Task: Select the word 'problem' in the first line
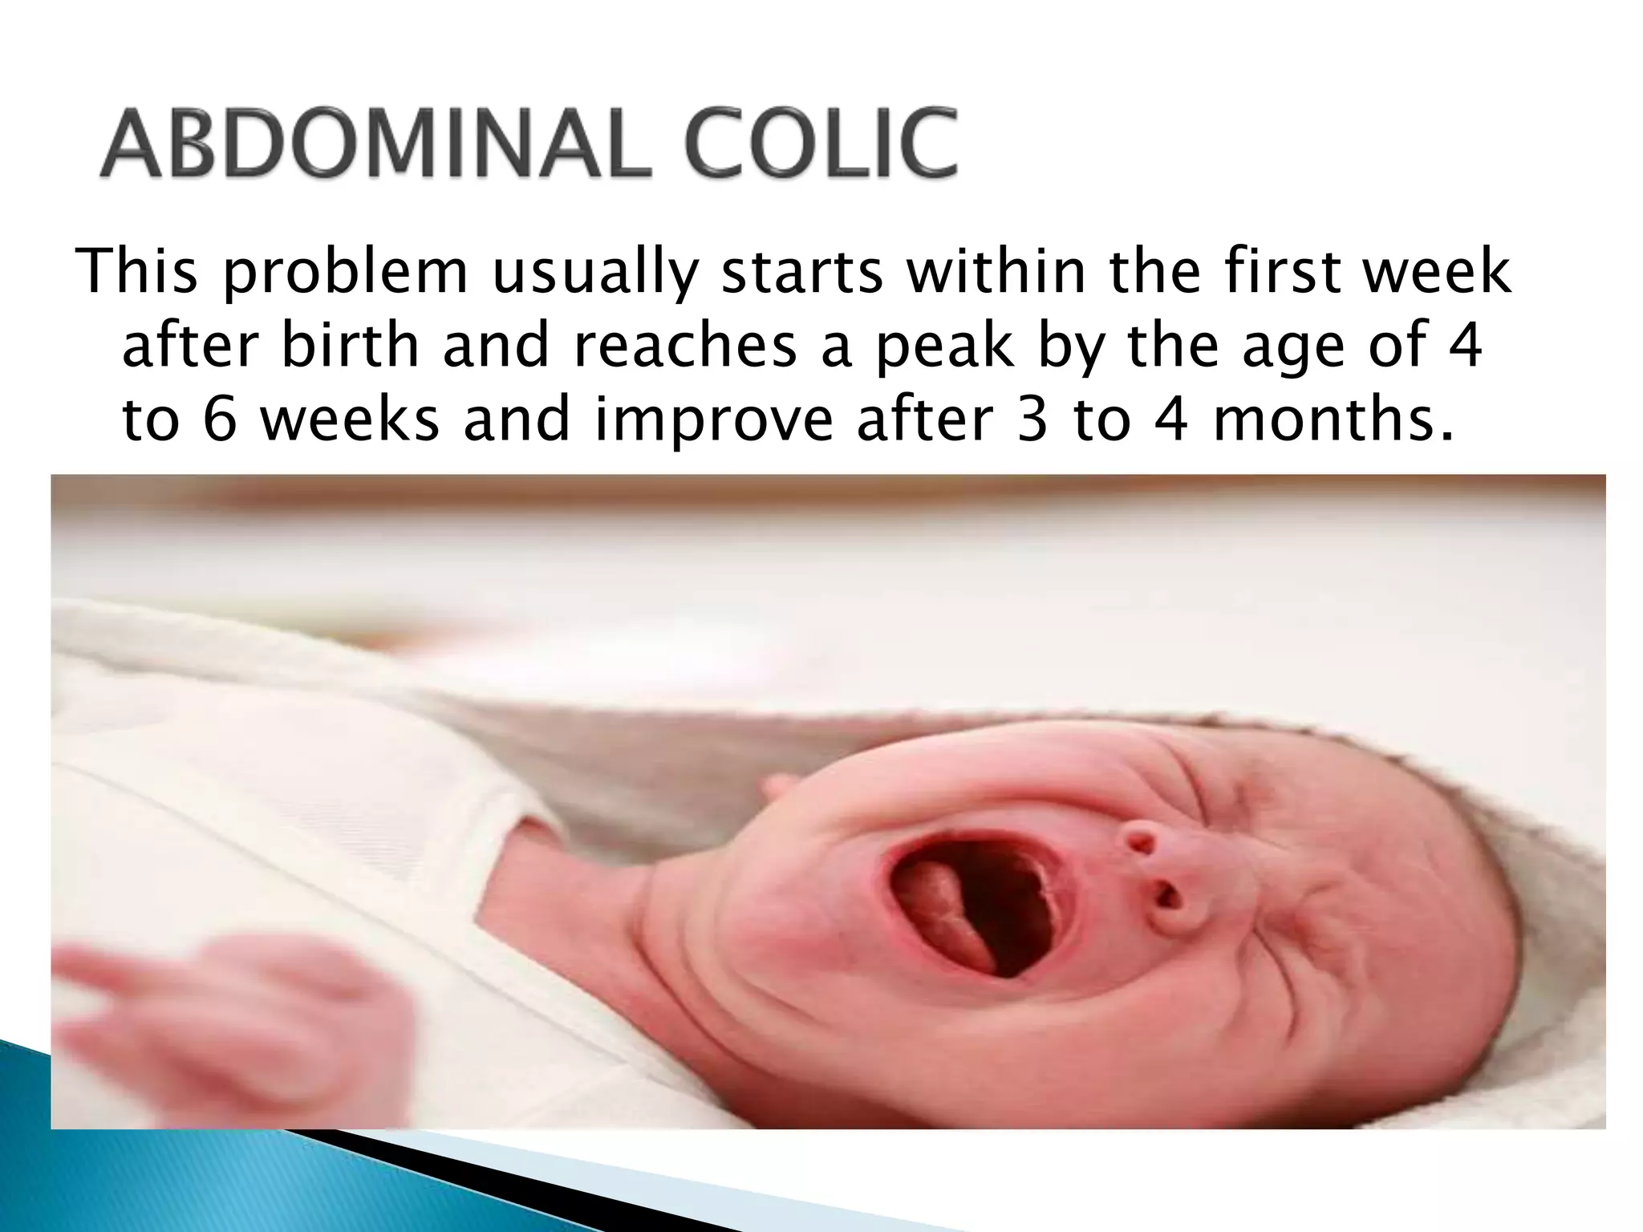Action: point(345,273)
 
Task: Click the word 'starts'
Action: point(802,273)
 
